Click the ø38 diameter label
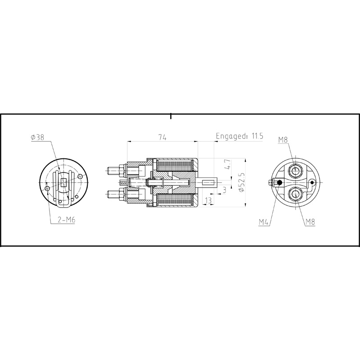click(x=37, y=138)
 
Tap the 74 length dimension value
click(x=162, y=138)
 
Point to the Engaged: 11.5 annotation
click(x=239, y=136)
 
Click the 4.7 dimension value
click(x=228, y=164)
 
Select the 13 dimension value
click(x=208, y=200)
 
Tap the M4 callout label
click(x=264, y=221)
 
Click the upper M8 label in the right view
click(x=283, y=140)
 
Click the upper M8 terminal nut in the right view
click(x=296, y=171)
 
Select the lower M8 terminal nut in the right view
click(x=296, y=194)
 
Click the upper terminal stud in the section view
click(x=116, y=171)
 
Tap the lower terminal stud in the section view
click(x=116, y=194)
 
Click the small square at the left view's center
click(x=63, y=182)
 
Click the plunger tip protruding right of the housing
click(x=210, y=183)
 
